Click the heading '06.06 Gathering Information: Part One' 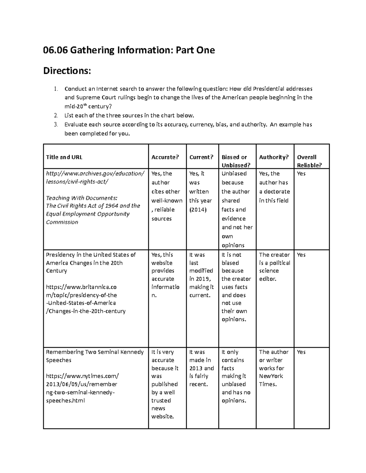(x=129, y=50)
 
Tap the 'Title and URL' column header (x=64, y=157)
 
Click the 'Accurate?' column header (x=165, y=157)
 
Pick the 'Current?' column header (x=201, y=157)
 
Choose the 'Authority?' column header (x=274, y=157)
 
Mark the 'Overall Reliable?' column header (x=309, y=161)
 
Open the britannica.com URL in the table (x=85, y=299)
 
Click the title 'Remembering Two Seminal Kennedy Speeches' (x=95, y=356)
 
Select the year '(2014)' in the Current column (x=198, y=210)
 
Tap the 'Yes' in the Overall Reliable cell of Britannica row (x=301, y=255)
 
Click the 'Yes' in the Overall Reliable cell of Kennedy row (x=301, y=352)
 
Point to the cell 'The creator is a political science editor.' (x=274, y=267)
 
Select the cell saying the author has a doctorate (x=274, y=187)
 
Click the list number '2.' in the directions (x=56, y=115)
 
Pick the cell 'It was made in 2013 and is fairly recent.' (x=201, y=368)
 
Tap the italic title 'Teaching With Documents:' (x=81, y=198)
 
